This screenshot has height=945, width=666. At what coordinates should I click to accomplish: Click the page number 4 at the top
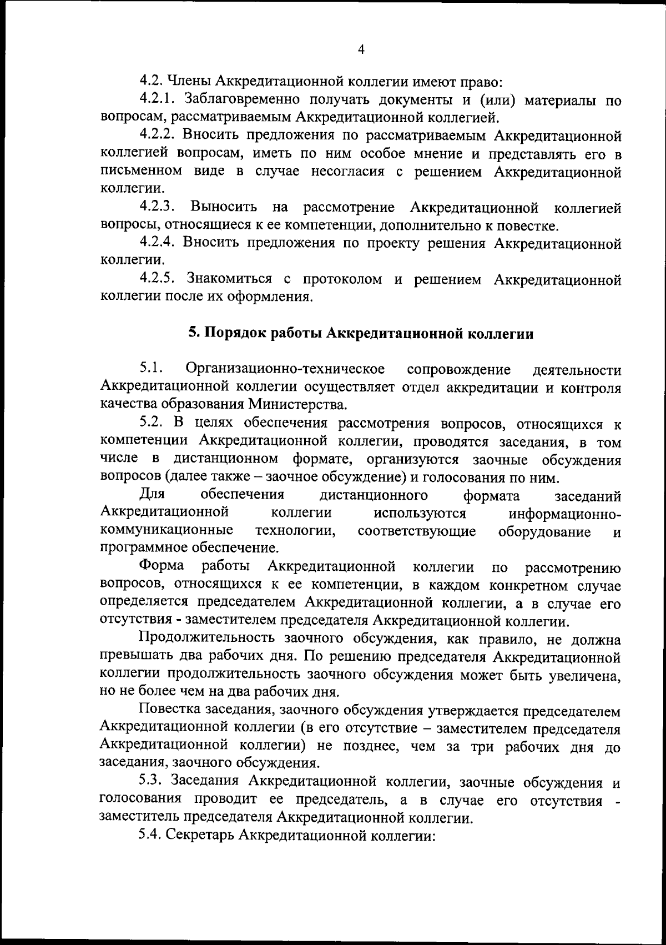coord(361,49)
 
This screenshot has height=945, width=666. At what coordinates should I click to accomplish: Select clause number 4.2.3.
coord(158,208)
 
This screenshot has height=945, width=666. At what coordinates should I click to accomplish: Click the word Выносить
coord(224,208)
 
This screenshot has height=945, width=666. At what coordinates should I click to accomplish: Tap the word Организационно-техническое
coord(286,369)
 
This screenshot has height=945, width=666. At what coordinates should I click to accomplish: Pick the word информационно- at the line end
coord(564,513)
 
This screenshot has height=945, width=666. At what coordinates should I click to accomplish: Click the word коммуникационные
coord(167,531)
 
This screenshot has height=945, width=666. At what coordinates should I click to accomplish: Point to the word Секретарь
coord(199,836)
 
